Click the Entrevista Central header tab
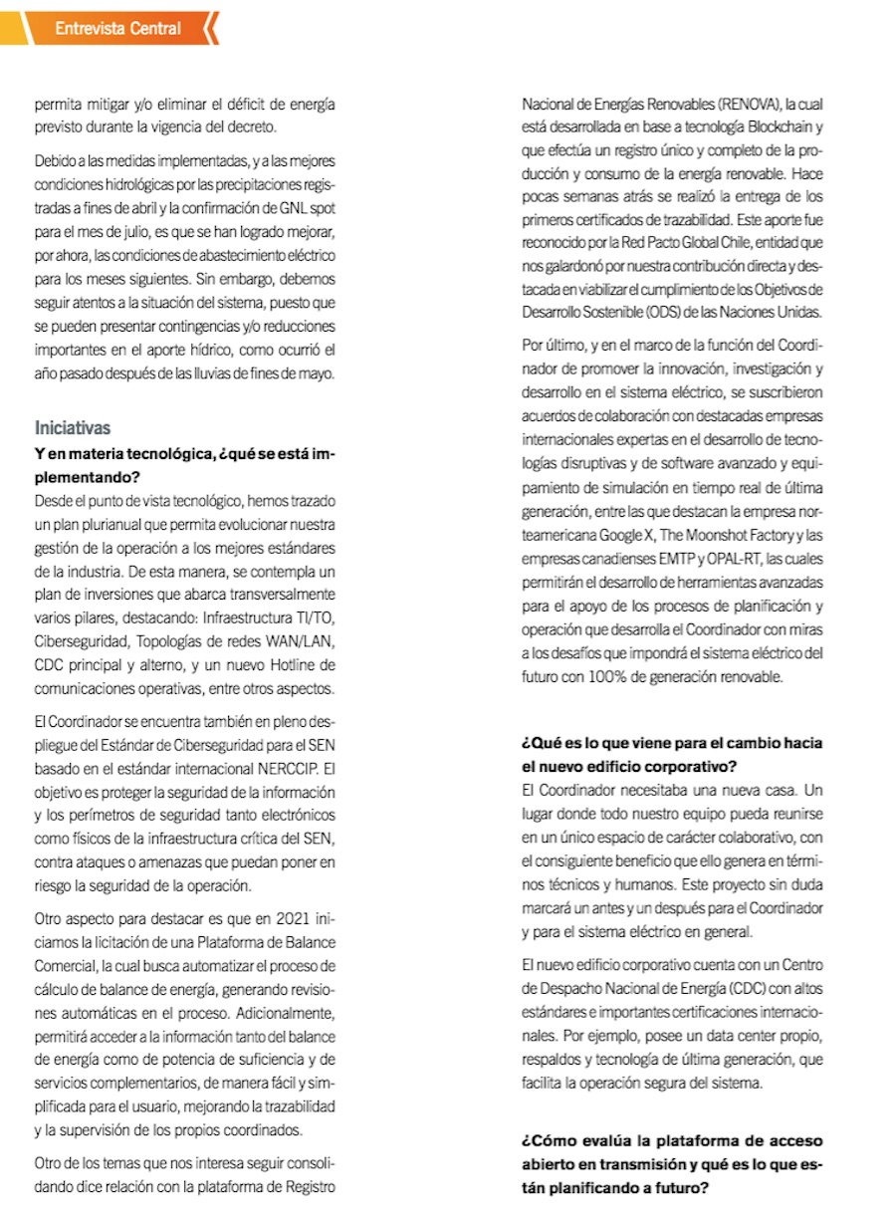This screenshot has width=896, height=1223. coord(117,28)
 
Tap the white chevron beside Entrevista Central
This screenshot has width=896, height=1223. coord(210,28)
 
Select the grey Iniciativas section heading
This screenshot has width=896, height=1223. coord(72,428)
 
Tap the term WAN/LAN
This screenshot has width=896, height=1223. coord(304,639)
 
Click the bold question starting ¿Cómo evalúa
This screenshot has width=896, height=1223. coord(672,1164)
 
